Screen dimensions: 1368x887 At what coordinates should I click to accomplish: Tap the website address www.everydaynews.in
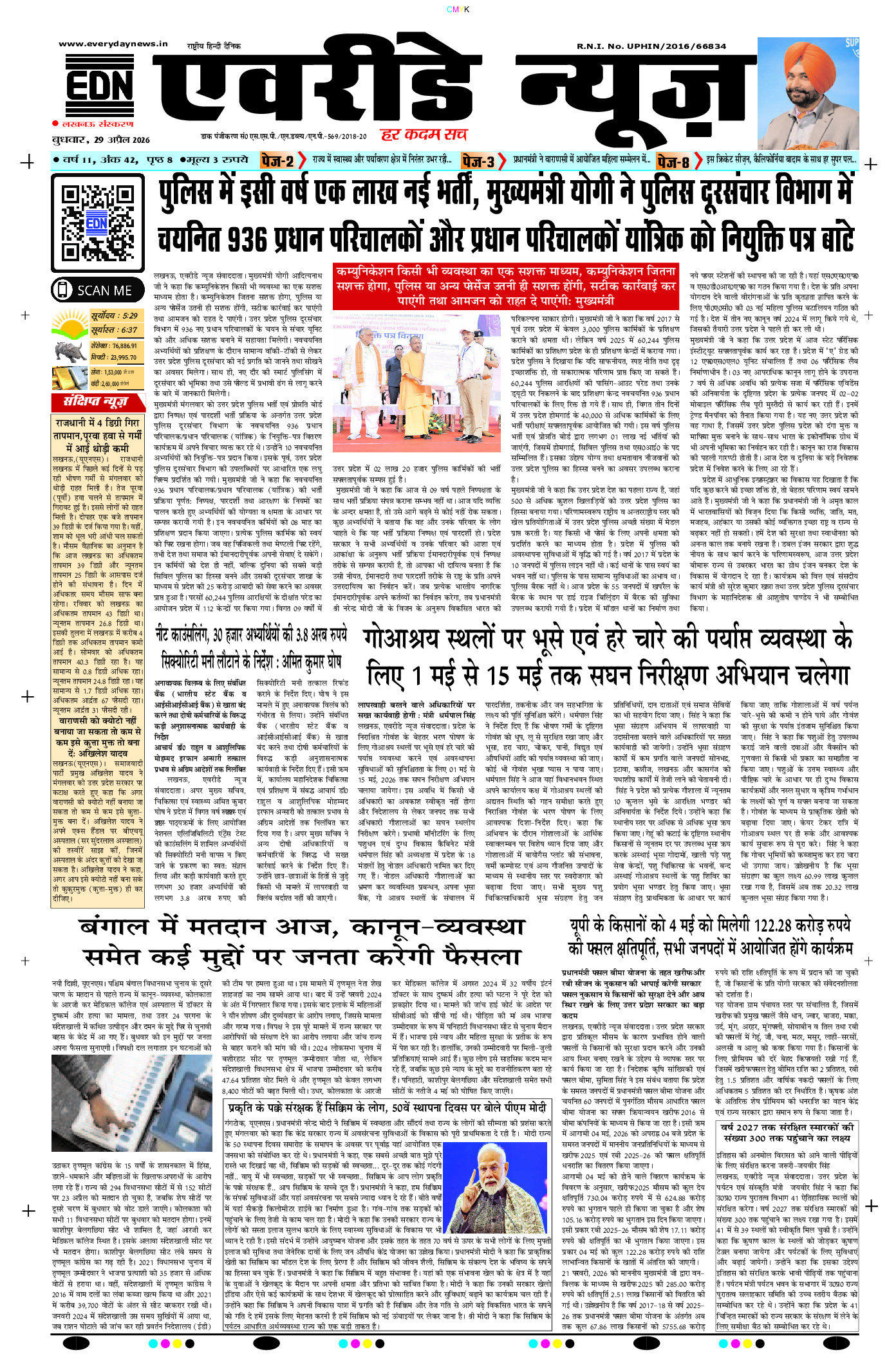click(x=113, y=44)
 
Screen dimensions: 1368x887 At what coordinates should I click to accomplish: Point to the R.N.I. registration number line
click(x=651, y=46)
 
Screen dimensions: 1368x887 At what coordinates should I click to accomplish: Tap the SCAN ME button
click(x=98, y=290)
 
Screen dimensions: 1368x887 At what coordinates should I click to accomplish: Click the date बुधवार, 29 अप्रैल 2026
click(x=101, y=139)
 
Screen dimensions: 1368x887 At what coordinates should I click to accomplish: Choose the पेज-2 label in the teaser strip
click(x=277, y=161)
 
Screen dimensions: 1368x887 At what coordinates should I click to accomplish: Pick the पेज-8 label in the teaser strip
click(x=673, y=161)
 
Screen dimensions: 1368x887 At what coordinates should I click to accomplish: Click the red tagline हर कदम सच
click(x=424, y=134)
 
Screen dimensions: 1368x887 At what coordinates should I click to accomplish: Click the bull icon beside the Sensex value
click(x=70, y=351)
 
